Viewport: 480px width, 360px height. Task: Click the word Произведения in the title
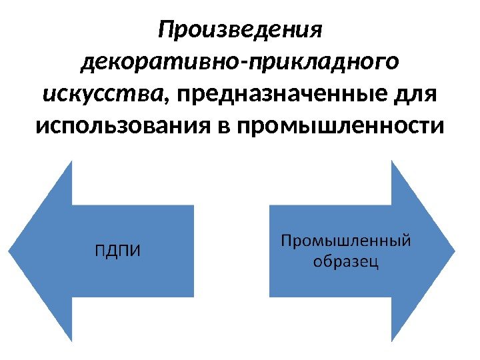tap(240, 31)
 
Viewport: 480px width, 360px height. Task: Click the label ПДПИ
tap(117, 251)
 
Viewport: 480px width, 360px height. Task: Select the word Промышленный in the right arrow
tap(345, 240)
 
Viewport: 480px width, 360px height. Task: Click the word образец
tap(345, 261)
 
